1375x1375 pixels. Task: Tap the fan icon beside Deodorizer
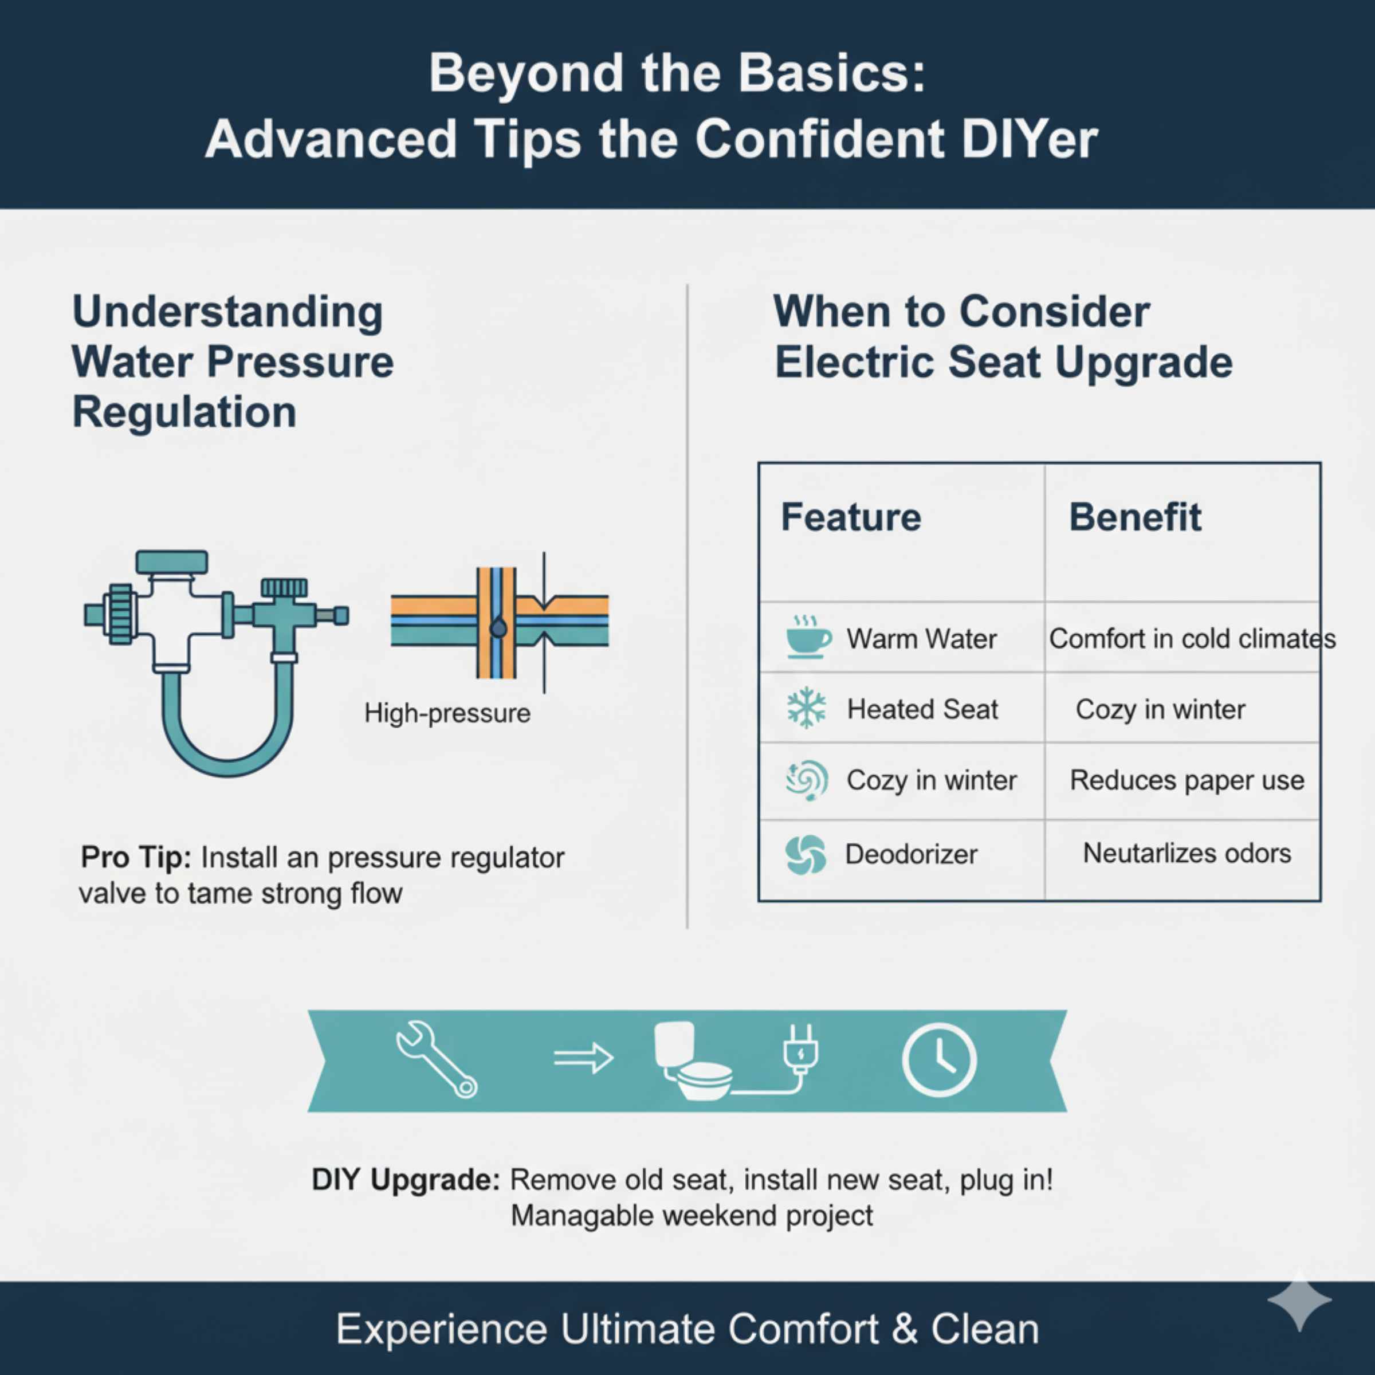(806, 854)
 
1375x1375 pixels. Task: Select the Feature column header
(850, 517)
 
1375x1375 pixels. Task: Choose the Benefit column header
(1134, 517)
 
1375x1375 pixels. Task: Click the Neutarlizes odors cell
(1187, 852)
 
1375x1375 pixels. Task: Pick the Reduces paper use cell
(1187, 780)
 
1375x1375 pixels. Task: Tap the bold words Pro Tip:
(135, 858)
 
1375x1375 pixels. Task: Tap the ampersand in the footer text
(904, 1329)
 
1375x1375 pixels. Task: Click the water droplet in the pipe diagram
(499, 628)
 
